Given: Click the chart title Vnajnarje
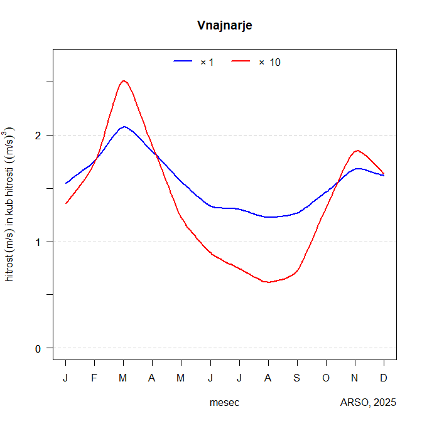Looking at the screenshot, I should point(225,25).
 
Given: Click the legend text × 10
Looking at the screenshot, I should point(270,62).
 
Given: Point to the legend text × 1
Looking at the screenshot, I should point(207,62).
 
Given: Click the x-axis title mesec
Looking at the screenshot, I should point(224,402).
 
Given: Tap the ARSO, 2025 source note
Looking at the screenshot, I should point(368,402).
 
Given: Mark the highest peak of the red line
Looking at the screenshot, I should point(124,81).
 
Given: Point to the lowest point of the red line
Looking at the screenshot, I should point(269,282).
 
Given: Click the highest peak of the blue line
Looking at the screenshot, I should point(124,127).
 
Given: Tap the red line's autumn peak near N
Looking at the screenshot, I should point(357,151).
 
